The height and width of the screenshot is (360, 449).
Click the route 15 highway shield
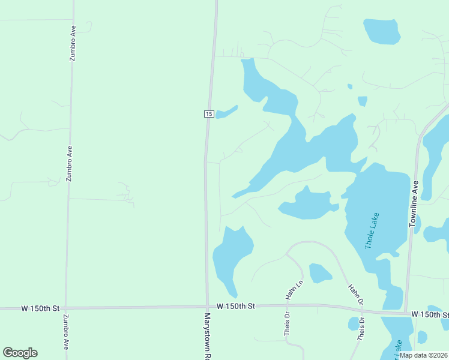(x=208, y=114)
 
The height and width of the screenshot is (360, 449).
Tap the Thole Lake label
(x=372, y=231)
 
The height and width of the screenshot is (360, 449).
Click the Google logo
(x=20, y=353)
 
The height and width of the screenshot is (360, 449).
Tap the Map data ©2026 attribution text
(x=423, y=355)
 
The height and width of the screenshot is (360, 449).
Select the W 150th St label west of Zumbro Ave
(x=40, y=308)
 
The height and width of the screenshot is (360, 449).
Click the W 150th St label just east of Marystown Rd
(x=236, y=306)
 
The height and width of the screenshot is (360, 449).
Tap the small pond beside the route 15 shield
(x=226, y=113)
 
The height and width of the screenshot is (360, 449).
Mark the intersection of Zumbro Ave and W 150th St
(x=65, y=308)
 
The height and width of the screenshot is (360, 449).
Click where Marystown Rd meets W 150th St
(x=207, y=307)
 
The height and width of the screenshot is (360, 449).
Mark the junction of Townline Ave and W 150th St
(x=406, y=313)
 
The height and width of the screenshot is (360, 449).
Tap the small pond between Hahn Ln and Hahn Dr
(x=319, y=273)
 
